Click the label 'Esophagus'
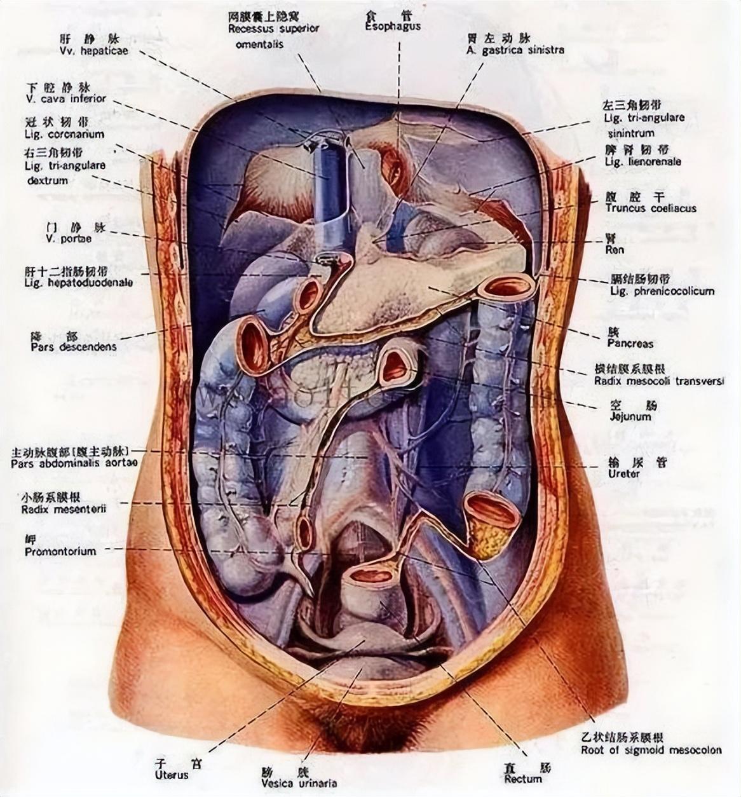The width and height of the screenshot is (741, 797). click(x=393, y=27)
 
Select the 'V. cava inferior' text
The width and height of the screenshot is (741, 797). click(x=66, y=99)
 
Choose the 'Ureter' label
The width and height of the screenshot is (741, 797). click(x=623, y=473)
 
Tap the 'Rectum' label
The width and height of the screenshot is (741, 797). click(x=523, y=779)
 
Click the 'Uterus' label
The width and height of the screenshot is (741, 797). click(x=172, y=775)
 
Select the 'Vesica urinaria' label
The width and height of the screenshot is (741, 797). click(x=299, y=783)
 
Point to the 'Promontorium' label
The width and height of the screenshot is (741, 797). click(x=60, y=552)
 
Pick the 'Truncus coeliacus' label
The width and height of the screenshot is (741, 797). click(x=650, y=208)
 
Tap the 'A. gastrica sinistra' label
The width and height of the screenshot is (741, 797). click(x=514, y=50)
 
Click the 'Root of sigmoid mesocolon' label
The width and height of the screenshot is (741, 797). click(x=651, y=749)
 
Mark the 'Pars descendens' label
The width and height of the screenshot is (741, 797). click(x=73, y=347)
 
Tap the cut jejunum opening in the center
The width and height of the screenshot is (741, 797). click(x=396, y=365)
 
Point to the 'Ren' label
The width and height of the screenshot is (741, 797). click(x=614, y=250)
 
